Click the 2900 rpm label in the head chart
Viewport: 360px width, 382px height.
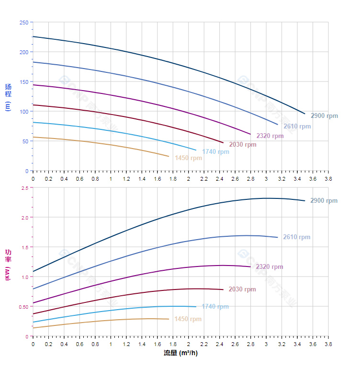(x=324, y=116)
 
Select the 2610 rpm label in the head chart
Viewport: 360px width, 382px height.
(x=297, y=127)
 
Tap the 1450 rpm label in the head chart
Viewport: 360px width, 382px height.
(x=188, y=158)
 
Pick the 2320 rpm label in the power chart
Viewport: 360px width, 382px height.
(x=269, y=267)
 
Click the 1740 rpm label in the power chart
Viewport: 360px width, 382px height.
(x=215, y=307)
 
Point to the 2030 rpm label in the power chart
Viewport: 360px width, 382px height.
(x=242, y=289)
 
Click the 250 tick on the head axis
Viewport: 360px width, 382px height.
(x=23, y=23)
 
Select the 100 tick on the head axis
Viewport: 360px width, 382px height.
(x=23, y=112)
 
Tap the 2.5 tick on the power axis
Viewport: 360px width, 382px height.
(x=24, y=188)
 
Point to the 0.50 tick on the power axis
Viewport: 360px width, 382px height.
(x=23, y=307)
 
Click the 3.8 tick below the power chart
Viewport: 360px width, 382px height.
(x=328, y=344)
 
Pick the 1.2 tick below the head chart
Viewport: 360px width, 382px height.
(x=126, y=179)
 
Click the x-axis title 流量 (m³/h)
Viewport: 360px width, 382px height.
(x=180, y=353)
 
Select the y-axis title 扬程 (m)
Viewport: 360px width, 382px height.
(x=8, y=97)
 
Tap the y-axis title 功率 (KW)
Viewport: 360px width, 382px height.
(x=8, y=265)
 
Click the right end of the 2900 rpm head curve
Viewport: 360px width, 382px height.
(x=304, y=114)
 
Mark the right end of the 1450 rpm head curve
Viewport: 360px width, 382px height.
(x=169, y=156)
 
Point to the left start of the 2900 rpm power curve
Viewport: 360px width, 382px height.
(x=33, y=272)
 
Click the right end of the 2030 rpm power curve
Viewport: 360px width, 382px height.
(x=223, y=289)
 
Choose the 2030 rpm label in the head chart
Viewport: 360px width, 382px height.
(x=242, y=145)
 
